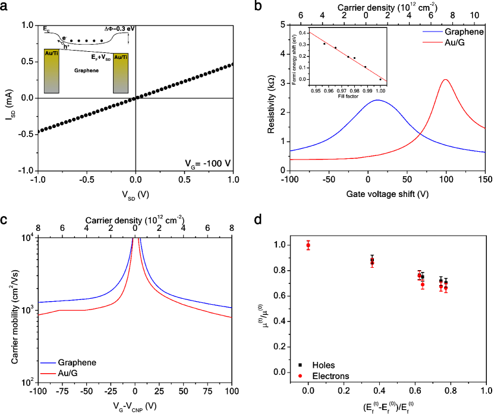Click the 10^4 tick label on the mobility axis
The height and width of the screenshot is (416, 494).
click(28, 238)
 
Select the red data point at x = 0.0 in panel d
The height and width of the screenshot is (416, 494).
click(308, 245)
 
